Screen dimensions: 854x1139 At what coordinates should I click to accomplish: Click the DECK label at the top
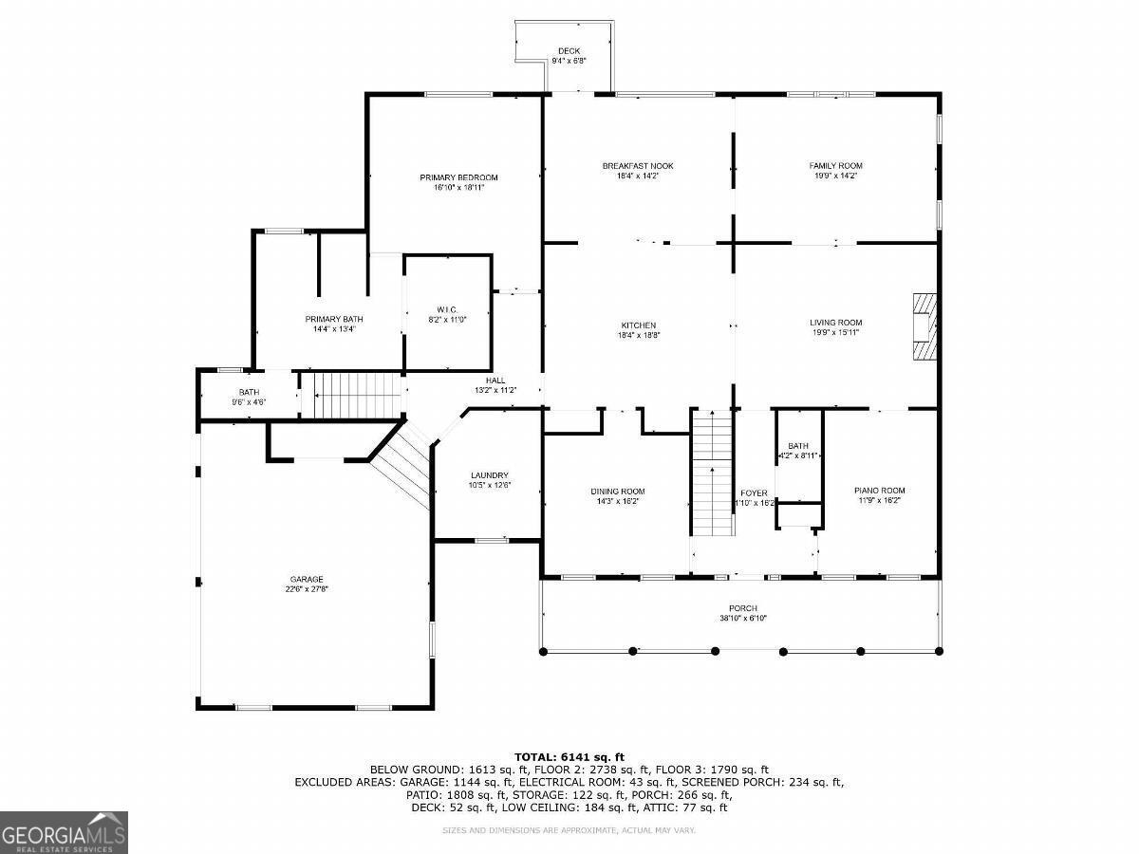(x=569, y=51)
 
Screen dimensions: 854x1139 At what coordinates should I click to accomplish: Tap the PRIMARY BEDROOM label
(x=458, y=177)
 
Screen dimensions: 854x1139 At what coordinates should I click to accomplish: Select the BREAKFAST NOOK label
(x=637, y=166)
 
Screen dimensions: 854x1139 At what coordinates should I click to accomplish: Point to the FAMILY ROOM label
(x=835, y=166)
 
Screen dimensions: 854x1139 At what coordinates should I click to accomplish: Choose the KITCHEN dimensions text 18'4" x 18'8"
(x=638, y=335)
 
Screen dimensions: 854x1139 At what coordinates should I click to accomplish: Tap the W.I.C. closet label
(x=447, y=309)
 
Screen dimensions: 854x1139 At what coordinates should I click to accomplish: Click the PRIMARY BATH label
(x=334, y=319)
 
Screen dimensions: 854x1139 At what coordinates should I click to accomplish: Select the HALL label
(x=495, y=381)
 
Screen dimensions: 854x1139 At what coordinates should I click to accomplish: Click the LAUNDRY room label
(x=490, y=475)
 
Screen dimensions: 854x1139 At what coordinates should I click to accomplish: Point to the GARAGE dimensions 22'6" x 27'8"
(x=307, y=589)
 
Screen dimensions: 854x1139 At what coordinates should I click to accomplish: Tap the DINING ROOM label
(x=618, y=492)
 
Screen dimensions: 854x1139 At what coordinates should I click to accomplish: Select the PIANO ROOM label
(x=878, y=491)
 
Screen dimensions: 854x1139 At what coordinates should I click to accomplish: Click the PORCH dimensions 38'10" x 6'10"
(x=742, y=619)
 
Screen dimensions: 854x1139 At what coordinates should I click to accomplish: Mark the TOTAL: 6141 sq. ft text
(x=569, y=756)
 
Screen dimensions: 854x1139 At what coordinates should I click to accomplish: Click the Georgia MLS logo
(x=64, y=832)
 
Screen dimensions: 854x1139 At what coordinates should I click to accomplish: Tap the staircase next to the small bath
(x=352, y=394)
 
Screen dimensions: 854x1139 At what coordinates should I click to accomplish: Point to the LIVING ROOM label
(x=835, y=323)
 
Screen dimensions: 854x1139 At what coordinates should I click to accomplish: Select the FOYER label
(x=754, y=493)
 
